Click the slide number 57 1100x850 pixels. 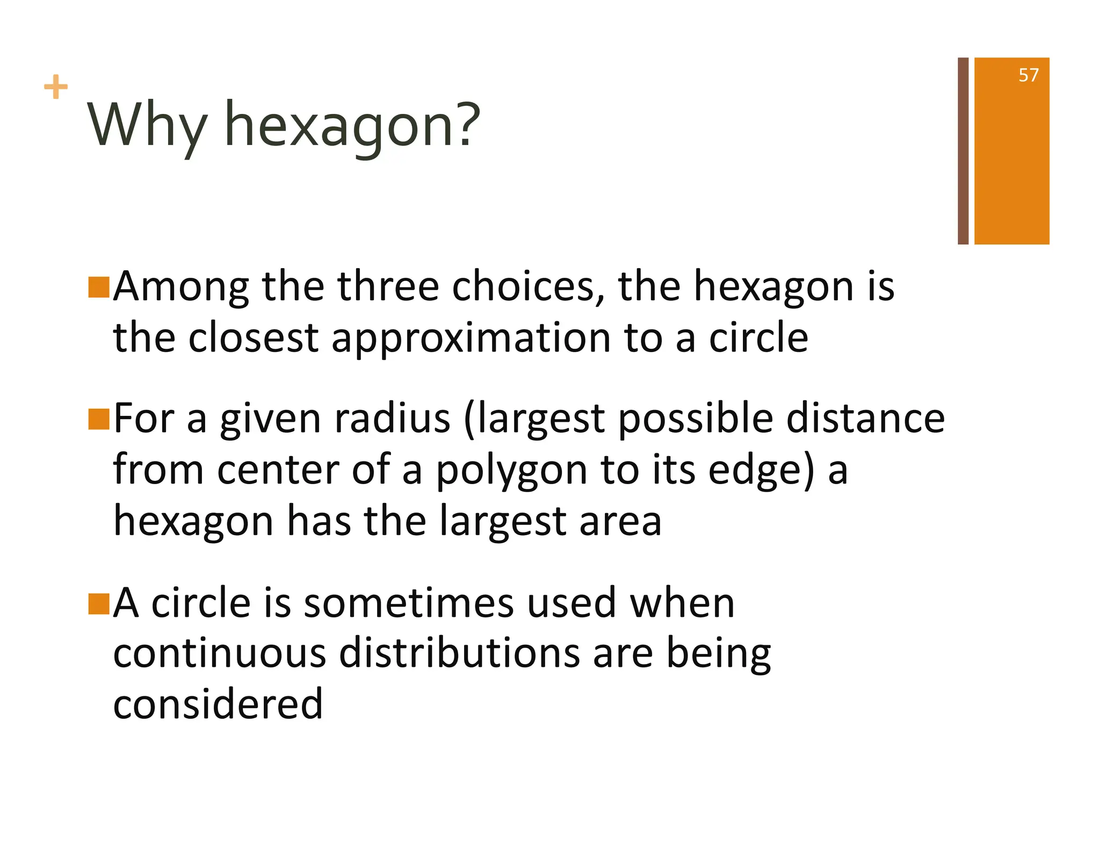pos(1028,75)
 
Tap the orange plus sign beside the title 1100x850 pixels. pos(55,87)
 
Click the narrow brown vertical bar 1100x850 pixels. pos(962,151)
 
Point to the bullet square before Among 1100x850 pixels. pos(99,287)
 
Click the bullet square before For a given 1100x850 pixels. pos(99,419)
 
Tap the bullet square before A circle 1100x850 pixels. pos(99,604)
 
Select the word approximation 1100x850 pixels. pos(471,338)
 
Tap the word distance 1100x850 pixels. pos(865,419)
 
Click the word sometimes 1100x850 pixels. pos(409,603)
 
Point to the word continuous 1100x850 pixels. pos(219,654)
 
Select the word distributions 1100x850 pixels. pos(459,654)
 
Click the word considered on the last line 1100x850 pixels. pos(218,704)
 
